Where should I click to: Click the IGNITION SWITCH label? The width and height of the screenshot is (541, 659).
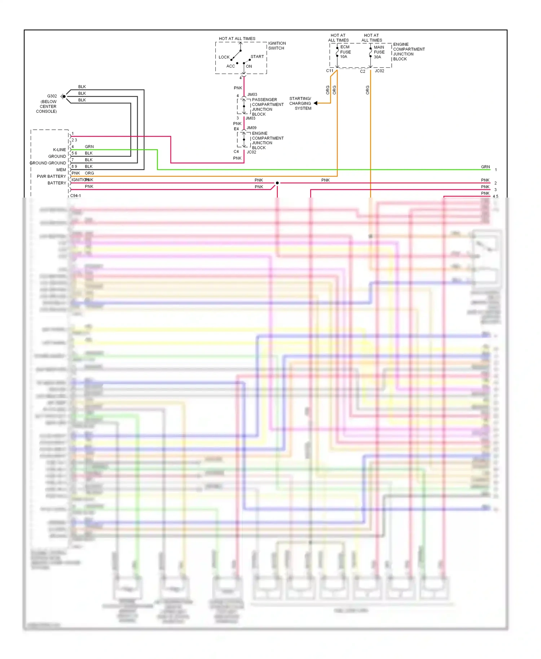[277, 45]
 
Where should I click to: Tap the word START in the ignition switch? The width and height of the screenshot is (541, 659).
[257, 57]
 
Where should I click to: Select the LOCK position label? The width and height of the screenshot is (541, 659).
[224, 57]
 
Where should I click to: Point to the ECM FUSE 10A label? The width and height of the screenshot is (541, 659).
[345, 52]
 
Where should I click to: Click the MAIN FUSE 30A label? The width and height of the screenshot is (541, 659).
[379, 52]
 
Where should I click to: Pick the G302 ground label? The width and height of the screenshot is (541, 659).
[52, 96]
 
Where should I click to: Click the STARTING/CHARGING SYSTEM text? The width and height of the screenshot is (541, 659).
[300, 103]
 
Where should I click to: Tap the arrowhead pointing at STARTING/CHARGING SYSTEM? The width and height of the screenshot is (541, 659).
[316, 103]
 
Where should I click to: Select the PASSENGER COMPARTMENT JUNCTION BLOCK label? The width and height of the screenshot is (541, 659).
[267, 107]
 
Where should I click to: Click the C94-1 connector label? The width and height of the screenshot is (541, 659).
[75, 195]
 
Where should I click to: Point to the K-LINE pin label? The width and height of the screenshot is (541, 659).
[60, 150]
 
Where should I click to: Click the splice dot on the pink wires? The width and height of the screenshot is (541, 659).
[277, 183]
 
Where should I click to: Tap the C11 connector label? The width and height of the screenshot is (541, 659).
[330, 71]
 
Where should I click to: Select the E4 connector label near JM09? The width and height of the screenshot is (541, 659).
[236, 129]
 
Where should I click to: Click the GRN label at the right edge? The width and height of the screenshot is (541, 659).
[485, 167]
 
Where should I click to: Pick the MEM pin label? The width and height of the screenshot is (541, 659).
[61, 170]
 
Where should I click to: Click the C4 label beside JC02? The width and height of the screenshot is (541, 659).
[236, 151]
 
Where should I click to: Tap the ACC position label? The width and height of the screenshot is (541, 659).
[230, 66]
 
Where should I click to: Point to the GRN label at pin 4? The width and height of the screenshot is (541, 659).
[89, 146]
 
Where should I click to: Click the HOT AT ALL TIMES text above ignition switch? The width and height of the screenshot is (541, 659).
[237, 39]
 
